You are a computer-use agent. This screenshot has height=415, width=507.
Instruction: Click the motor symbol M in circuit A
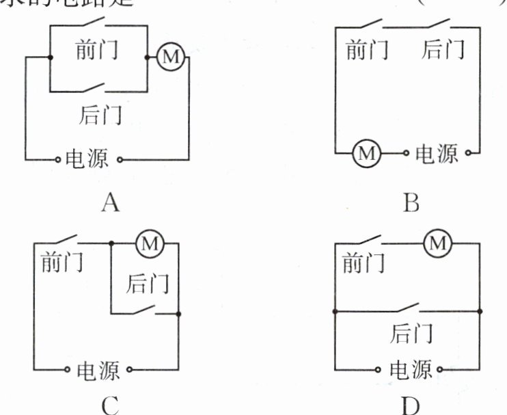[x=170, y=57]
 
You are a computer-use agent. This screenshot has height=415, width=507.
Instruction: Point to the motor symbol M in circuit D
[x=439, y=242]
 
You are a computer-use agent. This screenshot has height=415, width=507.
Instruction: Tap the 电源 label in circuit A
[x=86, y=159]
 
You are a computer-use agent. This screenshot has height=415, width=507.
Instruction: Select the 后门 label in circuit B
[x=443, y=50]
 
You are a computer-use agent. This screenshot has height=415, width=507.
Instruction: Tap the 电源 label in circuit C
[x=98, y=371]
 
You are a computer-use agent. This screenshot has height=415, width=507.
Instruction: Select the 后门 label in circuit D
[x=411, y=333]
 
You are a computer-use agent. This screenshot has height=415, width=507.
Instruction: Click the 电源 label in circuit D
[x=411, y=371]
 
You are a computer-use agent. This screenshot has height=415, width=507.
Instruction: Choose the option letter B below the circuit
[x=411, y=202]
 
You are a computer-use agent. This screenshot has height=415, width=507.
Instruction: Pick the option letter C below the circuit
[x=109, y=405]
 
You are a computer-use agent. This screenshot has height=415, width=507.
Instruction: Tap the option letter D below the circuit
[x=411, y=405]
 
